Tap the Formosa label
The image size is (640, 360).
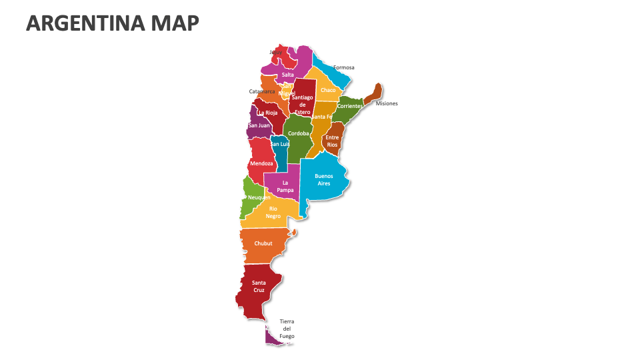(343, 67)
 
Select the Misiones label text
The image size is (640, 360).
(387, 103)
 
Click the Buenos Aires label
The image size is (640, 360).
(323, 179)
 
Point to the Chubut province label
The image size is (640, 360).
(263, 243)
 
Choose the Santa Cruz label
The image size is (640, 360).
(259, 287)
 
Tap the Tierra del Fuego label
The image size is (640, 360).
(287, 329)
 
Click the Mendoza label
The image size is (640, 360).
(261, 163)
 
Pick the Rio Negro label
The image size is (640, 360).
(273, 212)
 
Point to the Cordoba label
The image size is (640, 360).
(298, 133)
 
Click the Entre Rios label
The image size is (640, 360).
(332, 141)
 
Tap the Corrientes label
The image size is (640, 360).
(349, 106)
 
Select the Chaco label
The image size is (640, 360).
(327, 90)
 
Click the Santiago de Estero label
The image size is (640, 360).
(302, 105)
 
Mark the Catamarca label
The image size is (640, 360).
(262, 91)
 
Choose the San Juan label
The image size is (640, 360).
(259, 125)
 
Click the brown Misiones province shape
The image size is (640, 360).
(375, 94)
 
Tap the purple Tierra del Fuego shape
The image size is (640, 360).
(271, 339)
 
